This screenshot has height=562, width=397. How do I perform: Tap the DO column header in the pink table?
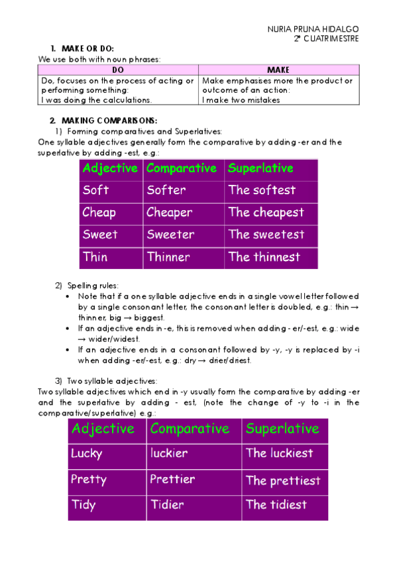[x=118, y=70]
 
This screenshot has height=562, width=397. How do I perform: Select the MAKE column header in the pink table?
[x=278, y=70]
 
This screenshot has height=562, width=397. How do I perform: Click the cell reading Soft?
[x=96, y=190]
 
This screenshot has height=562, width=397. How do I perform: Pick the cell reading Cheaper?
[x=170, y=213]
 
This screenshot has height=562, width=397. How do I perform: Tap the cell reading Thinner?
[x=168, y=257]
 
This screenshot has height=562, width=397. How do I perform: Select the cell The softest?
[x=262, y=190]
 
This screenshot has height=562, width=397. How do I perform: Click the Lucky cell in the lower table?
[x=87, y=453]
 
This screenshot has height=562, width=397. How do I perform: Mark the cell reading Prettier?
[x=172, y=479]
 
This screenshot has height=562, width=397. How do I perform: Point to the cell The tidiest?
[x=276, y=504]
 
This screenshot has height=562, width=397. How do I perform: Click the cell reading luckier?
[x=169, y=453]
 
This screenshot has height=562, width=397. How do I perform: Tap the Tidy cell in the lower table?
[x=84, y=504]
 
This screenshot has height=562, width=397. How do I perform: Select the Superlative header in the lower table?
[x=282, y=428]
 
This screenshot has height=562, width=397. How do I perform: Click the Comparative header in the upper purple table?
[x=182, y=168]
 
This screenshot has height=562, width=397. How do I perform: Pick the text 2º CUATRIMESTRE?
[x=327, y=38]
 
